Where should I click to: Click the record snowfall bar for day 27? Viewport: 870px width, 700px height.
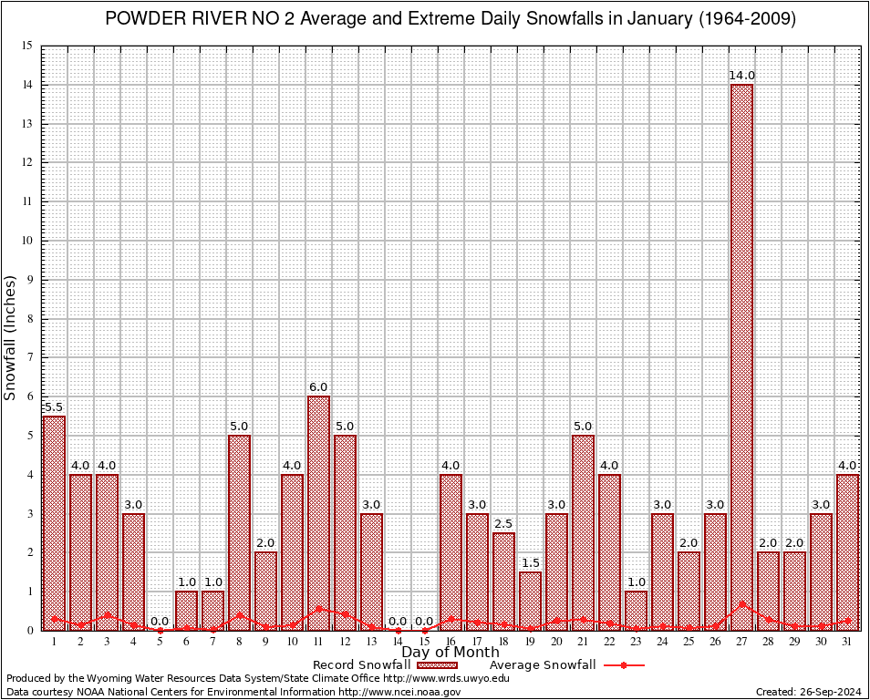point(741,355)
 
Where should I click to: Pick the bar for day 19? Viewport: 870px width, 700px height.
point(530,601)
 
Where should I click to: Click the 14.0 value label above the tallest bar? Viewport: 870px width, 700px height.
point(741,75)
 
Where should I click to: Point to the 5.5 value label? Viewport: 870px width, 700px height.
point(54,407)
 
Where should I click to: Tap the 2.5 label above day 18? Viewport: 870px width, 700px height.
point(503,523)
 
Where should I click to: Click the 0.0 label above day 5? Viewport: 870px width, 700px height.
point(160,621)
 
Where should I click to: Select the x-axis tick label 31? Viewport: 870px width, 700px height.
point(847,642)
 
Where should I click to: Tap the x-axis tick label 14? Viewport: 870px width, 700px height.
point(398,642)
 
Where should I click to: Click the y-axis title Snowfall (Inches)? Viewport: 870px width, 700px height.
point(11,337)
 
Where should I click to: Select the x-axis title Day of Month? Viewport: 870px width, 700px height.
point(450,652)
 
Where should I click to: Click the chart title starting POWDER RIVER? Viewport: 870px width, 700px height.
point(450,19)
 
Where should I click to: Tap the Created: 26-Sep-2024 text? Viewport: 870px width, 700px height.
point(808,692)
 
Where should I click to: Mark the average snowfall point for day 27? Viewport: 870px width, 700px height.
point(741,602)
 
